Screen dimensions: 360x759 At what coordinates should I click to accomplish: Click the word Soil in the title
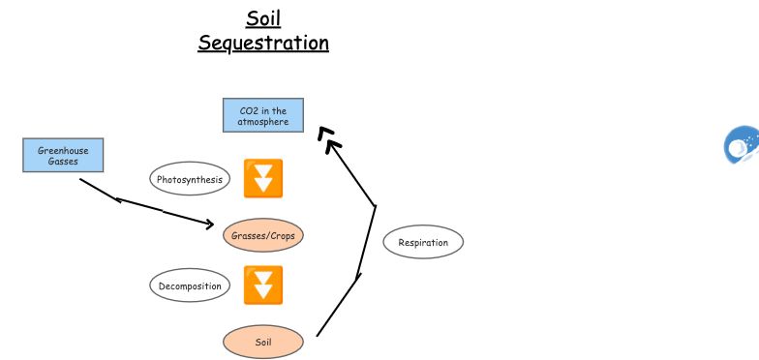pyautogui.click(x=263, y=18)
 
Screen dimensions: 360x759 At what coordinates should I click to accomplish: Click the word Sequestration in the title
pyautogui.click(x=263, y=44)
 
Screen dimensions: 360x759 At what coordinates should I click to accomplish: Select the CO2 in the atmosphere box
pyautogui.click(x=263, y=116)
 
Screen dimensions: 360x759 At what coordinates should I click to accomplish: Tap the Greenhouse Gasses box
pyautogui.click(x=63, y=155)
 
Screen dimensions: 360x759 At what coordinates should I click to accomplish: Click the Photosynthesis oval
pyautogui.click(x=190, y=179)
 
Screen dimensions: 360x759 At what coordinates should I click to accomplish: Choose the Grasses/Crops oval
pyautogui.click(x=263, y=235)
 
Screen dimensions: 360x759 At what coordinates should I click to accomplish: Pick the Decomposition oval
pyautogui.click(x=190, y=285)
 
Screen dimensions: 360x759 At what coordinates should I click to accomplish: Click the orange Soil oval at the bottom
pyautogui.click(x=263, y=342)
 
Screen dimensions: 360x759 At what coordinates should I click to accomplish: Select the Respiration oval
pyautogui.click(x=423, y=242)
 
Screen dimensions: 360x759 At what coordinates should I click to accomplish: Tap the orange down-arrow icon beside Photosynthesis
pyautogui.click(x=263, y=179)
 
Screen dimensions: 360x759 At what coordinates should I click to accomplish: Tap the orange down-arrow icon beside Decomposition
pyautogui.click(x=263, y=285)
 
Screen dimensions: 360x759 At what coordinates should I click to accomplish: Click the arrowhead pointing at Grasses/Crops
pyautogui.click(x=209, y=225)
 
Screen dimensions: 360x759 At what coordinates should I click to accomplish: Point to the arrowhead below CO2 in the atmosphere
pyautogui.click(x=330, y=143)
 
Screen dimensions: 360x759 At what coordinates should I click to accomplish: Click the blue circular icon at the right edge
pyautogui.click(x=743, y=145)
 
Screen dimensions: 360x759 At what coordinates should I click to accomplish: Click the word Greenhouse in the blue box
pyautogui.click(x=63, y=150)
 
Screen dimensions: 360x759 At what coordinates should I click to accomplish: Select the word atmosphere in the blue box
pyautogui.click(x=263, y=122)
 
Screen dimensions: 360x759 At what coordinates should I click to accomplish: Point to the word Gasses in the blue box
pyautogui.click(x=63, y=162)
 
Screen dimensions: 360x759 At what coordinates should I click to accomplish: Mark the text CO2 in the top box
pyautogui.click(x=249, y=111)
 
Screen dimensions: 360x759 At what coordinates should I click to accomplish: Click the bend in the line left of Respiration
pyautogui.click(x=375, y=206)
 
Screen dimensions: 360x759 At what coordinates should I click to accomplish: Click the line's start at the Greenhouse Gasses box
pyautogui.click(x=81, y=179)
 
